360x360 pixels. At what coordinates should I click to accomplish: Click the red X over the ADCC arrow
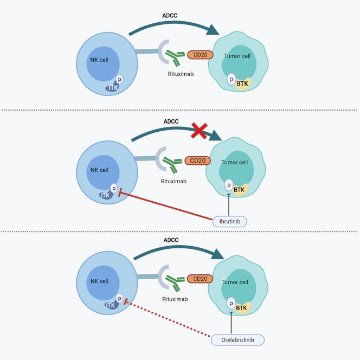coord(200,130)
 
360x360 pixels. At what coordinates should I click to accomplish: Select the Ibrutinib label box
coord(230,221)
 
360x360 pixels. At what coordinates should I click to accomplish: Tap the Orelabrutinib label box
coord(237,340)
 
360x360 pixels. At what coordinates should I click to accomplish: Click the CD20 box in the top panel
coord(200,54)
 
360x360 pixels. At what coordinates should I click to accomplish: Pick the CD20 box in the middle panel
coord(197,160)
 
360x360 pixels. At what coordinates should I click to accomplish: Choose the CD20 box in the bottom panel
coord(200,279)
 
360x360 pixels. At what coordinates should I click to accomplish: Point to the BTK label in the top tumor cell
coord(242,83)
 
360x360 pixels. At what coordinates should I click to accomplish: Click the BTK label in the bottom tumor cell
coord(241,308)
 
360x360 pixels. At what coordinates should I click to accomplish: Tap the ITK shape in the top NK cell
coord(113,88)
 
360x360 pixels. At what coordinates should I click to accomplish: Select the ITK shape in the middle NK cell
coord(106,195)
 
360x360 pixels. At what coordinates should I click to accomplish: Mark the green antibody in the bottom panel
coord(176,281)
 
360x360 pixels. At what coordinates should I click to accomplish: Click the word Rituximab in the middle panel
coord(173,181)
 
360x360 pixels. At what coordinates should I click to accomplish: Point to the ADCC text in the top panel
coord(170,15)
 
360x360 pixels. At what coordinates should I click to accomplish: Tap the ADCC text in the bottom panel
coord(171,240)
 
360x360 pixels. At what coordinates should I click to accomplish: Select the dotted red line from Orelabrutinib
coord(168,320)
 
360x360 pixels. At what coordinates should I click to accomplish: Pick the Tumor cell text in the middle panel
coord(234,162)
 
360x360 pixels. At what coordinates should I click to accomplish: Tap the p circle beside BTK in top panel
coord(232,79)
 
